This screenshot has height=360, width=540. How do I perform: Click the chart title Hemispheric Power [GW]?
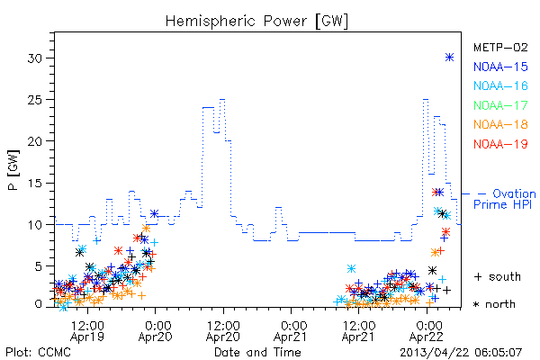click(256, 22)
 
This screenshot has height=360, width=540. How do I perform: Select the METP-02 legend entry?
click(500, 47)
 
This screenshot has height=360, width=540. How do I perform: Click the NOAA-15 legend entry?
click(500, 67)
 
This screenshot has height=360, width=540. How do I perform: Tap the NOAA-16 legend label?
click(500, 85)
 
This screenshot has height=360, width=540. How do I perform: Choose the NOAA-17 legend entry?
click(500, 105)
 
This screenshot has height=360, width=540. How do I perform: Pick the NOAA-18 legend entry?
click(500, 124)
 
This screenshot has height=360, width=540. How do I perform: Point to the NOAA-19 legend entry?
click(500, 144)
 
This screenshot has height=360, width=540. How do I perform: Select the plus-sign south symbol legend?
click(498, 276)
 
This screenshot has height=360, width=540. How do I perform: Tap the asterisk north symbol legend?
click(494, 304)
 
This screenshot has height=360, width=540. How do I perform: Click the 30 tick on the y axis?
click(35, 58)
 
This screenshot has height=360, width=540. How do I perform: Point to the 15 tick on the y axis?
click(35, 183)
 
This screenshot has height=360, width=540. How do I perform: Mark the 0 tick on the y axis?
click(39, 304)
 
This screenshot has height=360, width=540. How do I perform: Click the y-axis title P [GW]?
click(13, 170)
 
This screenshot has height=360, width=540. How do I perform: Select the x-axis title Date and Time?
click(257, 353)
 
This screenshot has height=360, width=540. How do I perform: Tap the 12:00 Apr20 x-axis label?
click(223, 331)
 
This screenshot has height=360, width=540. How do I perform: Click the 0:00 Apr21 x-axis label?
click(291, 331)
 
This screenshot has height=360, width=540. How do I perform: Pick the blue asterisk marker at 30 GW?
click(449, 58)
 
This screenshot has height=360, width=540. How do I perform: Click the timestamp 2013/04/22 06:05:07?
click(461, 353)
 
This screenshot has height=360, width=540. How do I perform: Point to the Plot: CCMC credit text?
click(38, 353)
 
